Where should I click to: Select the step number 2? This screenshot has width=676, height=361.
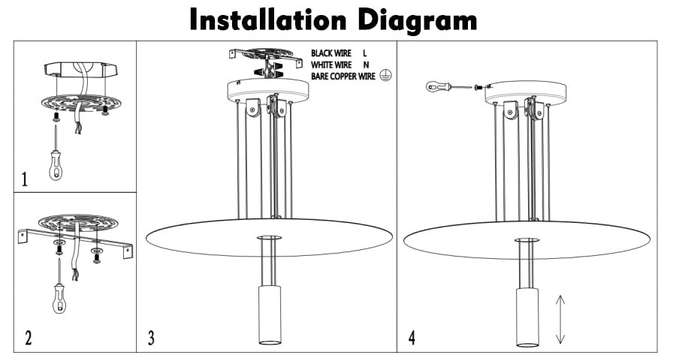pos(28,338)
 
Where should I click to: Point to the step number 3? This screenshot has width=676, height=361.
pos(151,338)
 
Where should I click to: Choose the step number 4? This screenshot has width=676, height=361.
pos(412,338)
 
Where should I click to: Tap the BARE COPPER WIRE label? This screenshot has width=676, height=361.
pos(344,77)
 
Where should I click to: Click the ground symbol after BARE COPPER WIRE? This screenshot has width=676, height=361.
pos(385,77)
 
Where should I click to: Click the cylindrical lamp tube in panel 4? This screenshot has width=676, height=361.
pos(527,315)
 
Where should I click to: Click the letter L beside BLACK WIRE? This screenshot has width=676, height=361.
pos(365,54)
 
